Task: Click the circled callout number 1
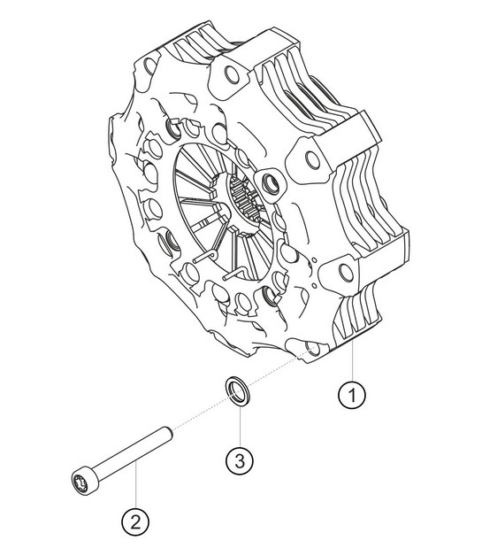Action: pos(352,395)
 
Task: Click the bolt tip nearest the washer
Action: pos(165,434)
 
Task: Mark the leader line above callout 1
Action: pos(352,363)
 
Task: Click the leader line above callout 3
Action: pos(240,425)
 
